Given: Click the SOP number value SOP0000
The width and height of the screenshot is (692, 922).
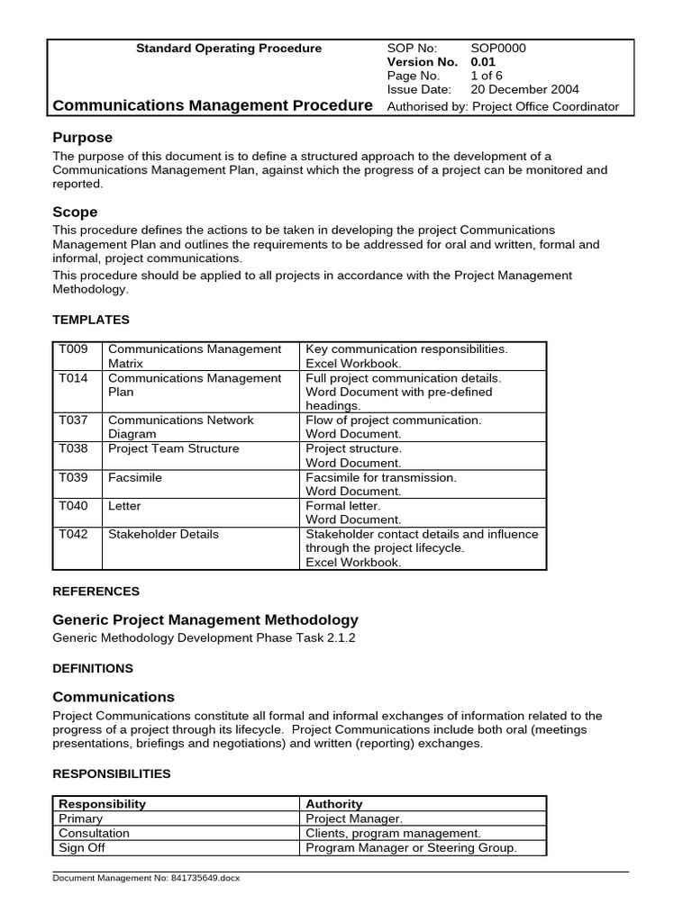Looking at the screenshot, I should (x=498, y=49).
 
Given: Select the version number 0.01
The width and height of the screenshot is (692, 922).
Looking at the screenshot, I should (x=483, y=62).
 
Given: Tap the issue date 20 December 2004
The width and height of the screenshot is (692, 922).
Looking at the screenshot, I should (x=524, y=89).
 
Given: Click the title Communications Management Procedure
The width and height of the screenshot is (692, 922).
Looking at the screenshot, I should (x=213, y=105).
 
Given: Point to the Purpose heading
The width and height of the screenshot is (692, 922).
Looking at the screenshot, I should (x=82, y=138).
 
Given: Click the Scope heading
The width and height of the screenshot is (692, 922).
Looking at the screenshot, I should (x=75, y=212).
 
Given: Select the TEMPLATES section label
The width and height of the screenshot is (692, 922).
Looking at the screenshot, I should (x=91, y=320).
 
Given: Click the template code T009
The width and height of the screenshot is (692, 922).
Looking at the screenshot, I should (x=73, y=349).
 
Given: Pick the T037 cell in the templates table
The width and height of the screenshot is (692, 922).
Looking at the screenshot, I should (x=73, y=420).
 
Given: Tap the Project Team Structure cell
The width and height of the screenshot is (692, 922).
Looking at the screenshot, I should (x=173, y=448).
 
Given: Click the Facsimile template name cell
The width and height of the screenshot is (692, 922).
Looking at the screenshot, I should (x=135, y=477).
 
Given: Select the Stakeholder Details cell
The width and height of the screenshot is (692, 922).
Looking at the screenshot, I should (x=163, y=534).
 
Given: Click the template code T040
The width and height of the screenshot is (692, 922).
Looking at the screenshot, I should (x=73, y=506).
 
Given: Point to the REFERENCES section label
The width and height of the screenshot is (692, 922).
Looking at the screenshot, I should (x=96, y=592).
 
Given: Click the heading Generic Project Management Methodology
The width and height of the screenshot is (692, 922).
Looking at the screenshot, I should (x=205, y=619).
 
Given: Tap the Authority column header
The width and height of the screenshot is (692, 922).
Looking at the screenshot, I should (x=333, y=804).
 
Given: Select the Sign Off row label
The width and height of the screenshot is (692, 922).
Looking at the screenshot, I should (x=81, y=847).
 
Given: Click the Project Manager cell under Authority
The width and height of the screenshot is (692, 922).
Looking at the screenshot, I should (x=354, y=818).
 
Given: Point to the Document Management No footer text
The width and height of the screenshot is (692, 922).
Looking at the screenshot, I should (x=147, y=878).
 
